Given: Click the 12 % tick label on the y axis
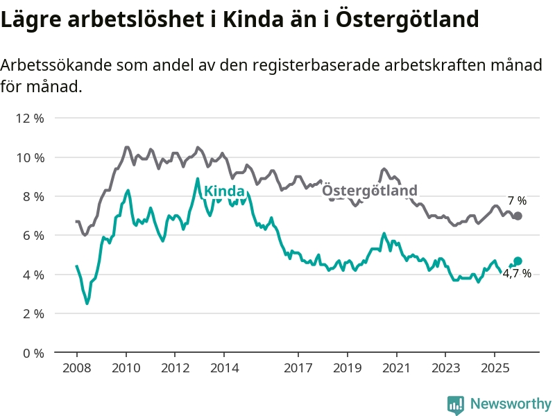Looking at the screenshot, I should [30, 118].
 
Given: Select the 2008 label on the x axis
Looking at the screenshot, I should [76, 367].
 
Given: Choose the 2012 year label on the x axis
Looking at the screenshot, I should [175, 367].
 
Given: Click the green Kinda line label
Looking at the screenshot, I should [224, 191].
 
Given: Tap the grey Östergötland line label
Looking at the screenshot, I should [370, 191].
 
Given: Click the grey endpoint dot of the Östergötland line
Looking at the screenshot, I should [518, 216].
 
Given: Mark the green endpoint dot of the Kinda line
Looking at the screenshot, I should [518, 261].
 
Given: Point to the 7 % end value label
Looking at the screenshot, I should [517, 201].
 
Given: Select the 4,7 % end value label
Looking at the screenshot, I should [517, 274].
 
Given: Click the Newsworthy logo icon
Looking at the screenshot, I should [456, 404].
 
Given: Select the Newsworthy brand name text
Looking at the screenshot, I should [511, 404].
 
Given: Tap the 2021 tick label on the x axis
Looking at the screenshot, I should [396, 367].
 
